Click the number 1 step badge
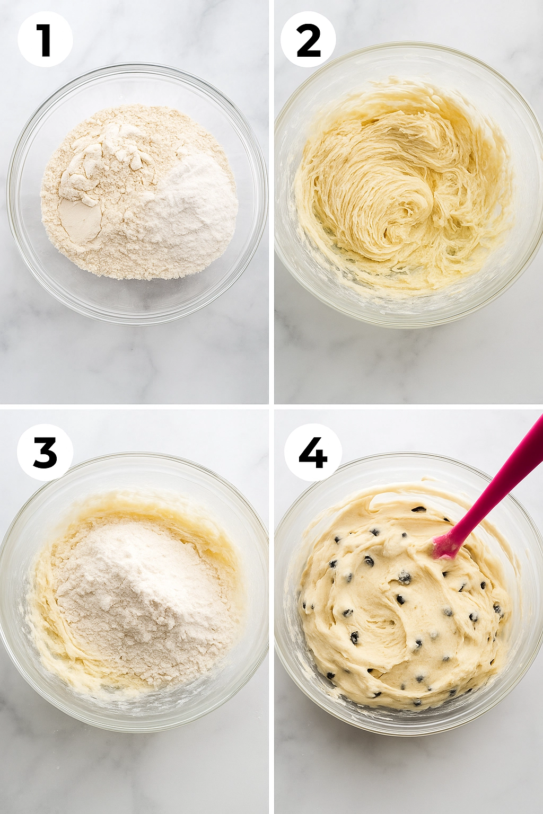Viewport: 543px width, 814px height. point(45,40)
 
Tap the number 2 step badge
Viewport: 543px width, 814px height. point(308,40)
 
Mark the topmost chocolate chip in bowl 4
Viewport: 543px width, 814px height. point(419,509)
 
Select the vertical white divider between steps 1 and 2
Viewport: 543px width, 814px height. point(271,201)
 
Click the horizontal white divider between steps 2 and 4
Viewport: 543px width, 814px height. point(408,406)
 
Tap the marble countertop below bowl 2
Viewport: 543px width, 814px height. point(408,366)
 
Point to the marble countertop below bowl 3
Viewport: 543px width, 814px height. point(133,774)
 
